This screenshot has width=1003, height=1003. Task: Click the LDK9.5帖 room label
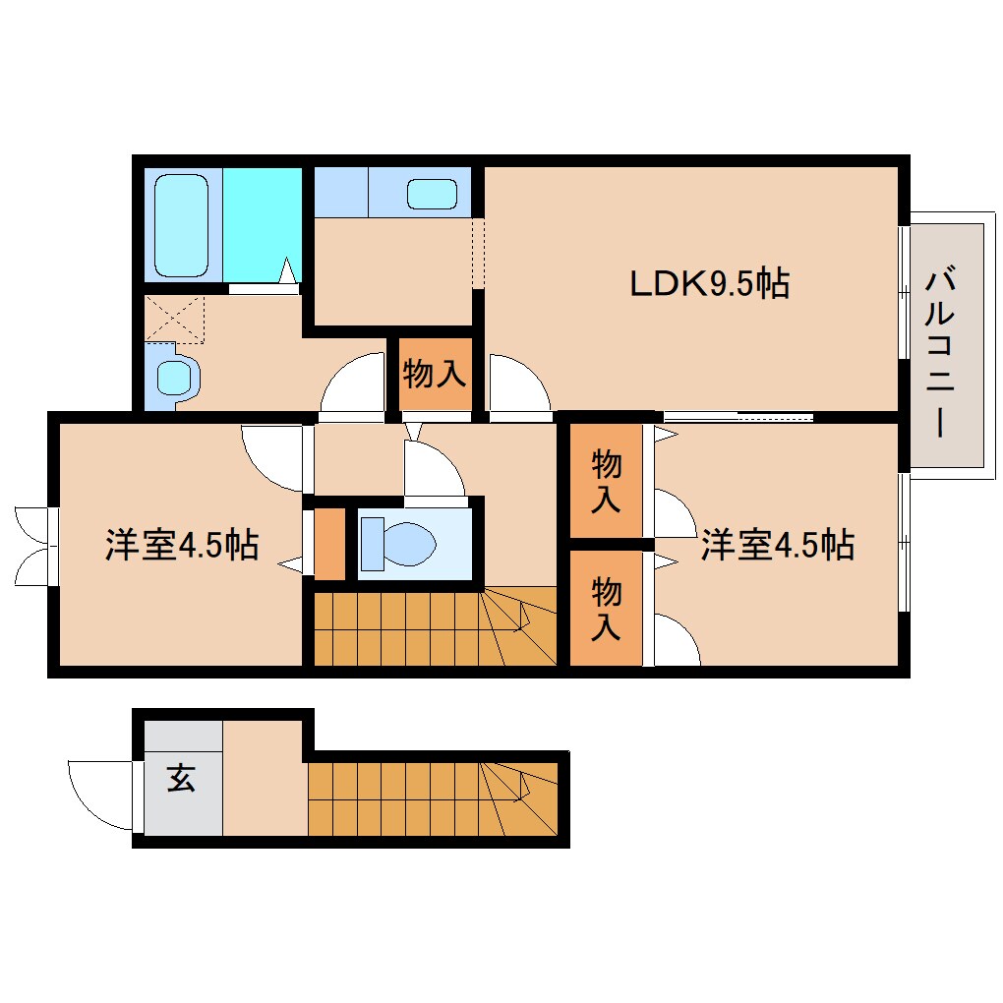[x=709, y=284]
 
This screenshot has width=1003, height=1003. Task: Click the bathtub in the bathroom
[x=182, y=225]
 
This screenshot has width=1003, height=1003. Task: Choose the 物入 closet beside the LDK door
[x=434, y=374]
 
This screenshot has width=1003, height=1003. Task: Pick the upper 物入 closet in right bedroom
[x=605, y=481]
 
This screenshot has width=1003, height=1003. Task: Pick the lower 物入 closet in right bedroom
[x=605, y=609]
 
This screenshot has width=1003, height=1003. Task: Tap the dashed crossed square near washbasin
[x=174, y=319]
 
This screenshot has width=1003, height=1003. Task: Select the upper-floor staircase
[x=433, y=628]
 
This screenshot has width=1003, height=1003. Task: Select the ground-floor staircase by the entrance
[x=433, y=797]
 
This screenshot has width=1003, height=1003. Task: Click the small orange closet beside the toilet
[x=330, y=544]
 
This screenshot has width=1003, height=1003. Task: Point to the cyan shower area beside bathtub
[x=261, y=223]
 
